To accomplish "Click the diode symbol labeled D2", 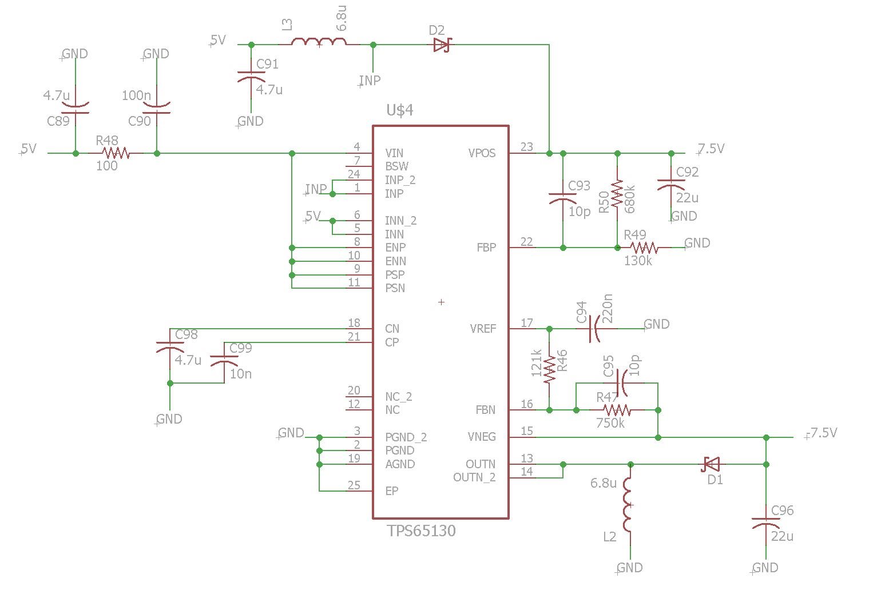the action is (x=442, y=45).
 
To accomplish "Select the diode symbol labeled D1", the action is (x=710, y=464).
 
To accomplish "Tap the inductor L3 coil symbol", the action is (x=319, y=42).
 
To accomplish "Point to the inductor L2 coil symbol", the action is (x=627, y=505).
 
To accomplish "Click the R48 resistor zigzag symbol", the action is (x=116, y=153).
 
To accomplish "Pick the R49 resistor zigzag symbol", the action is (x=644, y=248).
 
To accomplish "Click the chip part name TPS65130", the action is (x=421, y=531).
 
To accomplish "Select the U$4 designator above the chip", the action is (x=400, y=110).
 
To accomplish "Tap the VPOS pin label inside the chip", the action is (x=482, y=153).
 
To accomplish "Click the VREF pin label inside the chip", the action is (x=483, y=329).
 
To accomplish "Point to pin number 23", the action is (x=527, y=147).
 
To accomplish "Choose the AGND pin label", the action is (x=400, y=464).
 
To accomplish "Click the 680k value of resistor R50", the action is (x=630, y=199).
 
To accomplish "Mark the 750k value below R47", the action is (x=610, y=424).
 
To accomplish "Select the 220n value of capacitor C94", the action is (x=607, y=308).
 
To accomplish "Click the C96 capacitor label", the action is (x=782, y=511).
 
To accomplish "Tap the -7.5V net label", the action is (x=821, y=433).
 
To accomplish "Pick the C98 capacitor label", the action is (x=186, y=335).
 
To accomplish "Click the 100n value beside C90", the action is (x=136, y=95).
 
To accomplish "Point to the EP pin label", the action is (x=392, y=491).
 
